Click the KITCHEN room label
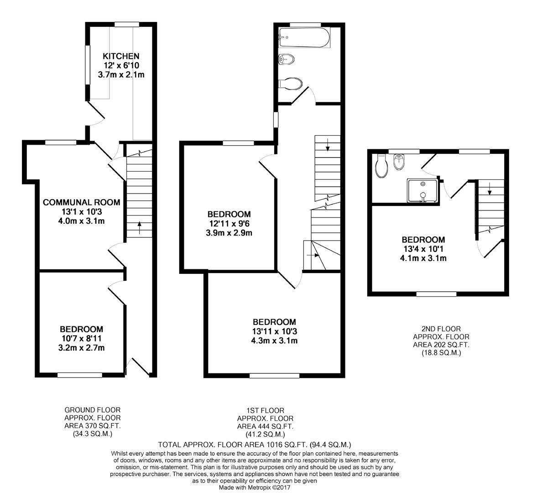pos(121,56)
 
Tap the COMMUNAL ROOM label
pos(82,202)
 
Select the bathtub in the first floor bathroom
pos(305,38)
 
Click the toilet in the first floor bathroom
pos(291,83)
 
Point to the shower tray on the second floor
pos(422,190)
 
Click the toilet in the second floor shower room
pos(381,166)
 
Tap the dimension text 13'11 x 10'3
pos(274,331)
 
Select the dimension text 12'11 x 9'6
pos(229,224)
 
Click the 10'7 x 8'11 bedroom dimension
pos(82,339)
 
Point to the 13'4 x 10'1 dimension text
pos(423,249)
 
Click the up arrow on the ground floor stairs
pos(140,228)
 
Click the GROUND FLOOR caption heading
pos(93,410)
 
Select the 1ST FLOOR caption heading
pos(266,410)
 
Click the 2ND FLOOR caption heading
pos(441,329)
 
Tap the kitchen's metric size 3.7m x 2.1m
pos(121,74)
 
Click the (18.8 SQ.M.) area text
pos(441,352)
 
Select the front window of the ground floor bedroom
pos(80,375)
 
